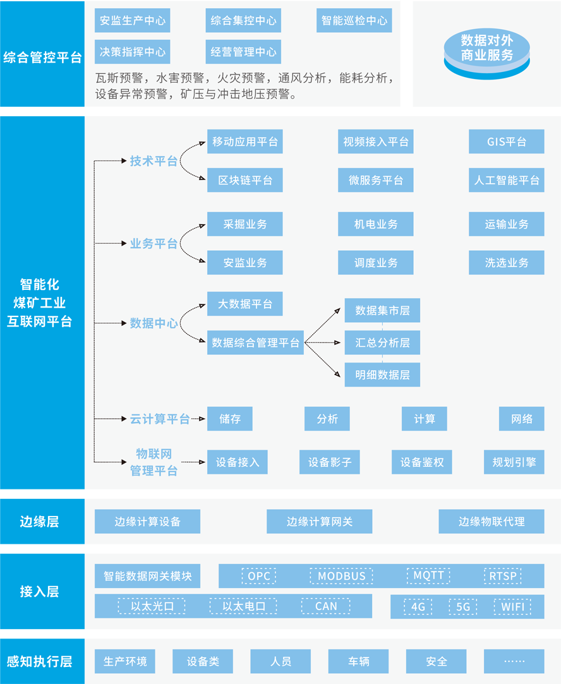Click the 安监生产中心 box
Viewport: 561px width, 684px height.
[132, 20]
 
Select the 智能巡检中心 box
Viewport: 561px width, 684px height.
[354, 20]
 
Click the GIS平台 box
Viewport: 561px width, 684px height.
[507, 141]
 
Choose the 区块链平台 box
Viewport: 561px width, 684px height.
[244, 180]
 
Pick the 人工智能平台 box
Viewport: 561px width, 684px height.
[507, 180]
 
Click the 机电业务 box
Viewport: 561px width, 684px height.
[376, 224]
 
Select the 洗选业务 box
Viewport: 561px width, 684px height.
[507, 263]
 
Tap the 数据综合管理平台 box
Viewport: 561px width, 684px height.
[255, 342]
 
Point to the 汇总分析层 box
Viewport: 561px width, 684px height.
[382, 342]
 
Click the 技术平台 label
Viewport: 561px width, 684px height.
[154, 161]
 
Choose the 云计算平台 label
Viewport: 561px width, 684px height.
[160, 419]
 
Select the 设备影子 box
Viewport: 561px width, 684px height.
[329, 462]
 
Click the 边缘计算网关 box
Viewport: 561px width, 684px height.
[319, 521]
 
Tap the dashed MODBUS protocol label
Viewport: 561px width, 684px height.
[342, 576]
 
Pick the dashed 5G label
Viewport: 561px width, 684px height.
[463, 607]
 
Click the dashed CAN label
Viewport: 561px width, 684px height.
[326, 606]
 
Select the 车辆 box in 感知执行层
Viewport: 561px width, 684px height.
[358, 661]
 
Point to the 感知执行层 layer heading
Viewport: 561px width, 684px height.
[39, 661]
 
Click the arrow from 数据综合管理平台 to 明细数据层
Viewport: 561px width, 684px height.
[322, 359]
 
